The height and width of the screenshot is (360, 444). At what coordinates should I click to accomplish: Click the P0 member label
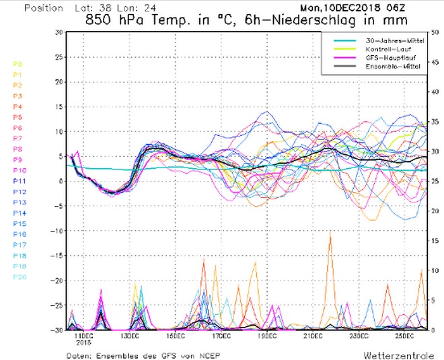point(17,64)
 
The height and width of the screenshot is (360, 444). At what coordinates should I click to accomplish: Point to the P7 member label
point(17,139)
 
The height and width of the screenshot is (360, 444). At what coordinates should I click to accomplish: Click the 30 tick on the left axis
point(59,32)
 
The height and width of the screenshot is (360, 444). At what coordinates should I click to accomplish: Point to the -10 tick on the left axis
point(57,231)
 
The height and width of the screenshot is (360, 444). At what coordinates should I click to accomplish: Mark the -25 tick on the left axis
point(57,305)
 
